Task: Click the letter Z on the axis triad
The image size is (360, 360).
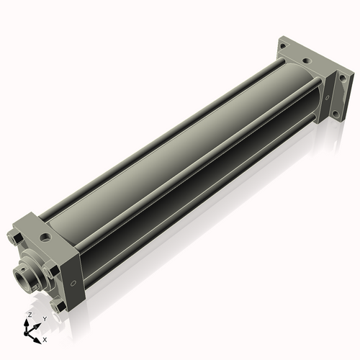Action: pyautogui.click(x=30, y=315)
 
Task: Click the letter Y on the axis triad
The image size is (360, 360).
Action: pyautogui.click(x=45, y=319)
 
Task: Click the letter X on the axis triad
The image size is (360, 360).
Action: pyautogui.click(x=45, y=340)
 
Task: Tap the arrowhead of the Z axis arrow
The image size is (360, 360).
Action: pyautogui.click(x=26, y=322)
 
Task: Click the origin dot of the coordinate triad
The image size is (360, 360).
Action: pyautogui.click(x=26, y=333)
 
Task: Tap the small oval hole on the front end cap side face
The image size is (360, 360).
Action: pyautogui.click(x=73, y=284)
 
